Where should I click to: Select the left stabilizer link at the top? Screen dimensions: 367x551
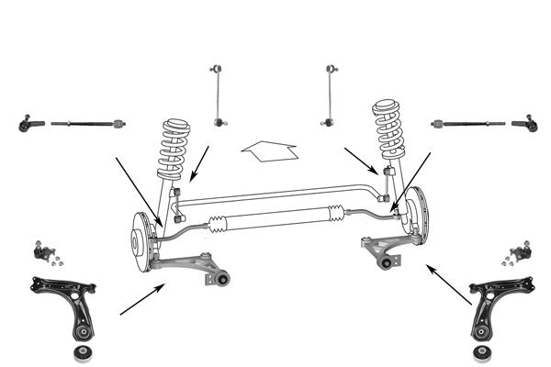coord(217,95)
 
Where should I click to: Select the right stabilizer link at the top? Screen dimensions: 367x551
coord(330,95)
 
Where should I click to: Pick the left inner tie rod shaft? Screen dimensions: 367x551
coord(87,123)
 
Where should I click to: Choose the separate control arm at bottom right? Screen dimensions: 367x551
coord(497,304)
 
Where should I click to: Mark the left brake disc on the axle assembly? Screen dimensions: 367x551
coord(141,240)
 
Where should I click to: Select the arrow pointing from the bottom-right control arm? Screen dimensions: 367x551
coord(451,285)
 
